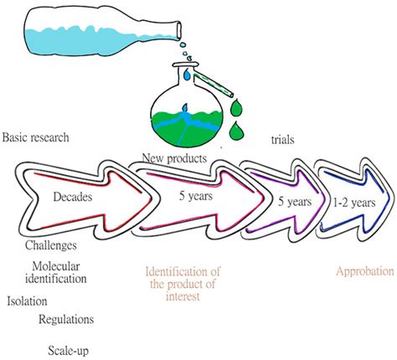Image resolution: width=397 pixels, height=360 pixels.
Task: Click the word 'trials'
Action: [x=286, y=142]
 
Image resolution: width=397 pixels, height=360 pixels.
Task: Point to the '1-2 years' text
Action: [x=338, y=203]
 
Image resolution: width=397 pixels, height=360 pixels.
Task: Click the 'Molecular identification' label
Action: [x=55, y=273]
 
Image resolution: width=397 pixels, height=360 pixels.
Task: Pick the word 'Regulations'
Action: [x=66, y=320]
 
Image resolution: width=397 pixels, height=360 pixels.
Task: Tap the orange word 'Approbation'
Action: [x=364, y=272]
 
